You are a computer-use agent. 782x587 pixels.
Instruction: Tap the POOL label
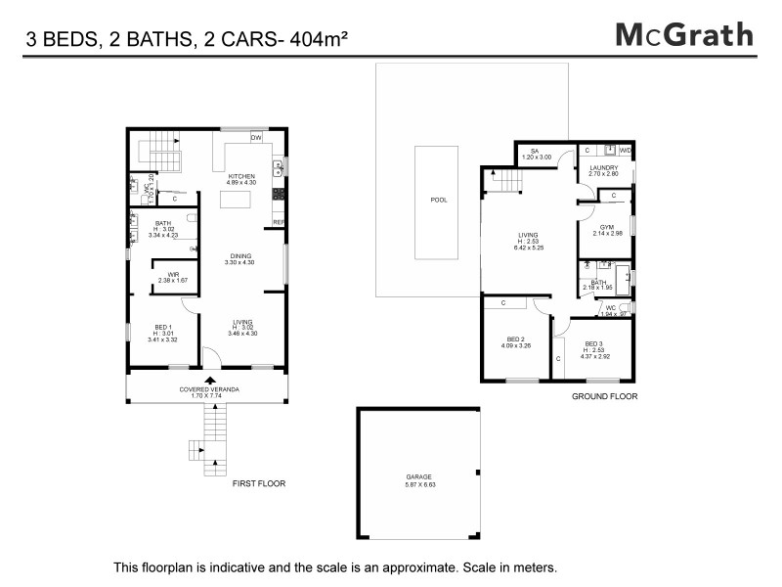438,200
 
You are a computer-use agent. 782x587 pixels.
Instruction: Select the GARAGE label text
419,476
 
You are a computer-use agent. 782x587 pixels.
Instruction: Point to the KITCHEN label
241,176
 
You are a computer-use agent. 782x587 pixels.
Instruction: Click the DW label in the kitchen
256,139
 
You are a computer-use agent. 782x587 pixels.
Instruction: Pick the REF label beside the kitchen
279,222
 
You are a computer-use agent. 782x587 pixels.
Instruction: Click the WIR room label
172,274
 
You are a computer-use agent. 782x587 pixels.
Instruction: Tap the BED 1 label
163,327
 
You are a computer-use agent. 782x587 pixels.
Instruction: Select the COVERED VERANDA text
209,389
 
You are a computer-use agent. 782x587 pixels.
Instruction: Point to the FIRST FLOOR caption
258,484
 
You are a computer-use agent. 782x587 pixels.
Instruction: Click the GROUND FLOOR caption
604,397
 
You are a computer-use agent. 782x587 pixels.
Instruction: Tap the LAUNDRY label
604,167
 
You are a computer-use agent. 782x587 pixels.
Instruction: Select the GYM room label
606,227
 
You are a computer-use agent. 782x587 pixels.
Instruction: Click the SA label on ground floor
536,151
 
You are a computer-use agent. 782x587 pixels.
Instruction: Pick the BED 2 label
515,339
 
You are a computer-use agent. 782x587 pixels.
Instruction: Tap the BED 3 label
595,343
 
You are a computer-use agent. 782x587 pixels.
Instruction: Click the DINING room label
240,255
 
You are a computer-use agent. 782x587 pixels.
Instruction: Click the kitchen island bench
235,201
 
